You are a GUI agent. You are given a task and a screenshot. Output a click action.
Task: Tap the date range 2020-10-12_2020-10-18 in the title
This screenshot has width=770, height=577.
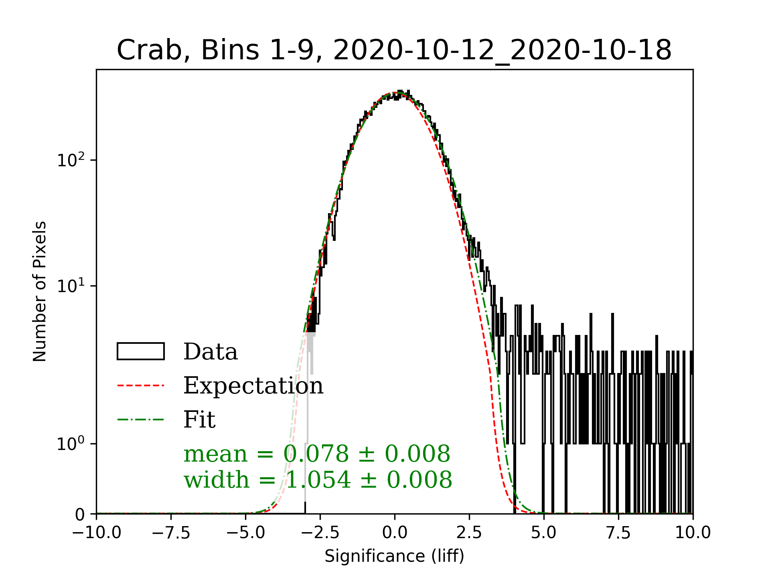tap(502, 50)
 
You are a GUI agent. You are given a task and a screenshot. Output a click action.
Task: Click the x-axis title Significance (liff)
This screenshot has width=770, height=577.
tap(394, 556)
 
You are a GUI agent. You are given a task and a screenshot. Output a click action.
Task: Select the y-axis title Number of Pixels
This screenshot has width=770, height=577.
tap(40, 291)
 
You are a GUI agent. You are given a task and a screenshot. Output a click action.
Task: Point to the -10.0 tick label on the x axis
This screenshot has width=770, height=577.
tap(97, 533)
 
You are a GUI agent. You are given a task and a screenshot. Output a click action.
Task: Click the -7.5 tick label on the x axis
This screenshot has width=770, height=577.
tap(171, 533)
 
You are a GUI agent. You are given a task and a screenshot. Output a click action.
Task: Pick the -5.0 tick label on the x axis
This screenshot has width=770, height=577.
tap(246, 533)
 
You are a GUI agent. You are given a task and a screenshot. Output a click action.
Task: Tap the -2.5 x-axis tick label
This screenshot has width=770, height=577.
tap(320, 533)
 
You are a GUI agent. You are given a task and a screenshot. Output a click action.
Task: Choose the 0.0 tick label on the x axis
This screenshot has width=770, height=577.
tap(395, 533)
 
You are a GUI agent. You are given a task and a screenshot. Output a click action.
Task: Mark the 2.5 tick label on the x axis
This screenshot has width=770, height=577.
tap(469, 533)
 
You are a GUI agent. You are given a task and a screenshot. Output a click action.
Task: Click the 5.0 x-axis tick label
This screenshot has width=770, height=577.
tap(544, 533)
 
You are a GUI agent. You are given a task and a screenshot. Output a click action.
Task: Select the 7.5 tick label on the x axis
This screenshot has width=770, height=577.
tap(618, 533)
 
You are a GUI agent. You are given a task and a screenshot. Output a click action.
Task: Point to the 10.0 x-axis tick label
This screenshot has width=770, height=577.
tap(693, 533)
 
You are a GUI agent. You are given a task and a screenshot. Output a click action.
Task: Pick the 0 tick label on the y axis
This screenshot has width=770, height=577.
tap(80, 514)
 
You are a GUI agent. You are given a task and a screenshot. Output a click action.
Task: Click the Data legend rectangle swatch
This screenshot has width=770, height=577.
tap(141, 351)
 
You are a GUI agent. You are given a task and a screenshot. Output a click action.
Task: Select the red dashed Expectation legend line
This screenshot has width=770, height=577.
tap(141, 385)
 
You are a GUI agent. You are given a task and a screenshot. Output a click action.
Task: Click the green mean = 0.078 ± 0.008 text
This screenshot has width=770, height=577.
tap(317, 454)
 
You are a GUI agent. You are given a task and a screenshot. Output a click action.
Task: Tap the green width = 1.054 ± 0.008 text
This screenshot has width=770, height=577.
tap(318, 480)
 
